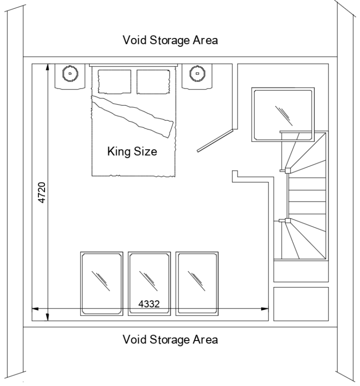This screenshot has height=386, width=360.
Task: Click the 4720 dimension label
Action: pyautogui.click(x=42, y=193)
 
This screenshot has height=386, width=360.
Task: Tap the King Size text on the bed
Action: pyautogui.click(x=132, y=152)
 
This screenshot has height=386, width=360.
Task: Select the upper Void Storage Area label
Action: pyautogui.click(x=170, y=40)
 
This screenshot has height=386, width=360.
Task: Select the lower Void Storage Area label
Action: pyautogui.click(x=170, y=339)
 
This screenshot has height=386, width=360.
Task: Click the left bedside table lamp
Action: pyautogui.click(x=70, y=73)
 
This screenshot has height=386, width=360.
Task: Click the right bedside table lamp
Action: pyautogui.click(x=197, y=73)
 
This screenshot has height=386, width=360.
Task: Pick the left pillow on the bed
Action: pyautogui.click(x=114, y=81)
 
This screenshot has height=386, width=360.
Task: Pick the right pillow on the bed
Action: pyautogui.click(x=153, y=81)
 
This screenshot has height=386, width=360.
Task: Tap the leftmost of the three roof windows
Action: pyautogui.click(x=102, y=283)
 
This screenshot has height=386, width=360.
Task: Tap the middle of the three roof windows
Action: pyautogui.click(x=149, y=283)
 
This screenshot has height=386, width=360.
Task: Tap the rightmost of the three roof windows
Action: pyautogui.click(x=197, y=283)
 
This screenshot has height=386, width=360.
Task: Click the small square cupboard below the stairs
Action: pyautogui.click(x=300, y=304)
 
